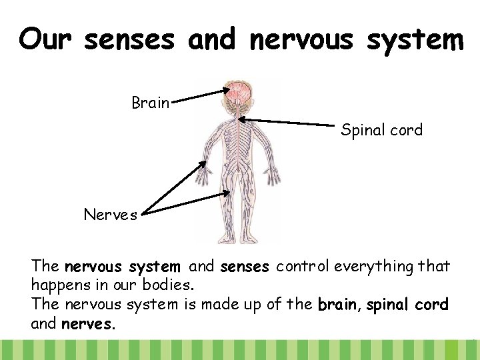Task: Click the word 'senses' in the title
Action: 131,40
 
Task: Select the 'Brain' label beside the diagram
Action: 151,103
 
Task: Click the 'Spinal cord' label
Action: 381,130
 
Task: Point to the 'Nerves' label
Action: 110,215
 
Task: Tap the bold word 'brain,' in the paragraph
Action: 341,305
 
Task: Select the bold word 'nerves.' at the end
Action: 89,325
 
